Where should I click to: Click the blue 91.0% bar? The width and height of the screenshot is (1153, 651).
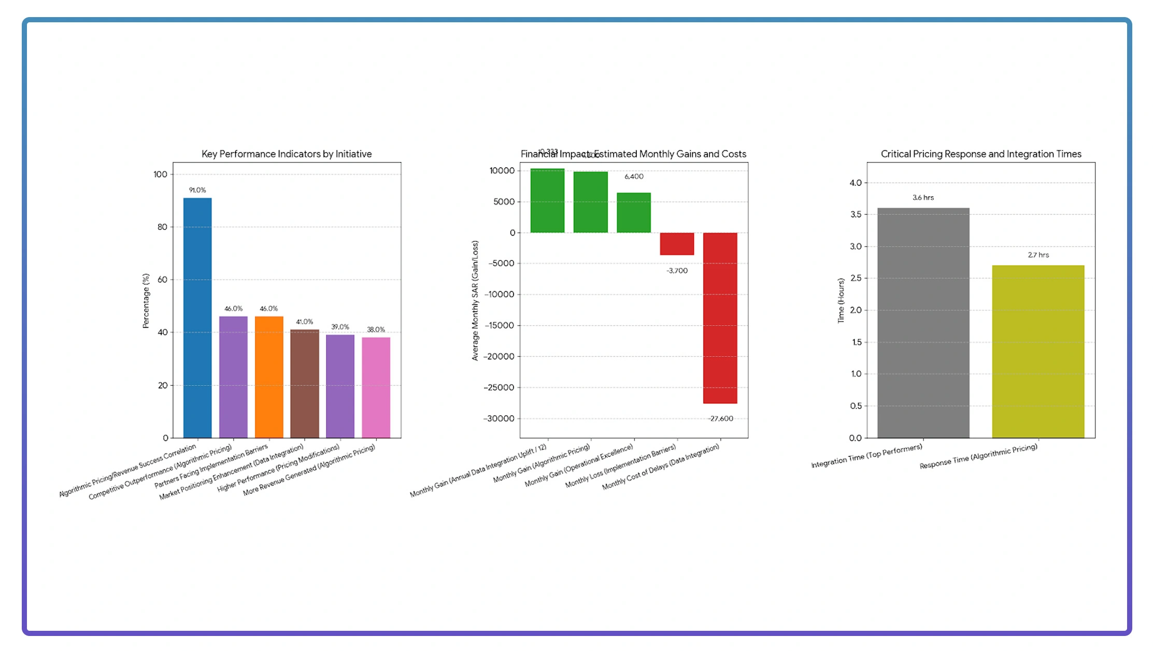pyautogui.click(x=197, y=317)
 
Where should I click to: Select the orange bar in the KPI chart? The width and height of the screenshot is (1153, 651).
pyautogui.click(x=269, y=377)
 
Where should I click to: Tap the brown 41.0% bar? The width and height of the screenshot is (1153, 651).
pyautogui.click(x=305, y=384)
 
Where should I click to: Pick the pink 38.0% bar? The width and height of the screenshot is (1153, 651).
pyautogui.click(x=376, y=387)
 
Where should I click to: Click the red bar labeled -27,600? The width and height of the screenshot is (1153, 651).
pyautogui.click(x=720, y=317)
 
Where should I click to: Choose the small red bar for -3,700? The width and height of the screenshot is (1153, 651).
pyautogui.click(x=677, y=243)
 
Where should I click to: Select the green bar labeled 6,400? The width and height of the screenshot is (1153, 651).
pyautogui.click(x=633, y=212)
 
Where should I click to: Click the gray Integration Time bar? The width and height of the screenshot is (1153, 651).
pyautogui.click(x=923, y=323)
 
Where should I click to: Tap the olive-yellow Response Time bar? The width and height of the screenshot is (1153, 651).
pyautogui.click(x=1038, y=351)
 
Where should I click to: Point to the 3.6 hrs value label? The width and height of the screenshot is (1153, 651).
pyautogui.click(x=923, y=197)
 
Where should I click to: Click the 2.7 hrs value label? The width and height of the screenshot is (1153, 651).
pyautogui.click(x=1038, y=255)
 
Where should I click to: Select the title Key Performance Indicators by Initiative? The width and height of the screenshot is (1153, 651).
pyautogui.click(x=287, y=154)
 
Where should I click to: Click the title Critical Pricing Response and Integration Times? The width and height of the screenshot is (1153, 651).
pyautogui.click(x=981, y=154)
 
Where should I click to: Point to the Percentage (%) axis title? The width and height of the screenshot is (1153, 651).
pyautogui.click(x=146, y=301)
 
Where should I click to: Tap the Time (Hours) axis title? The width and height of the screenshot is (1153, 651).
pyautogui.click(x=841, y=301)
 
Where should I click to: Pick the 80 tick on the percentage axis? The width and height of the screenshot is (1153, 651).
pyautogui.click(x=162, y=227)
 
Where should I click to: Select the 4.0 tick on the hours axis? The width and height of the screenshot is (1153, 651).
pyautogui.click(x=855, y=183)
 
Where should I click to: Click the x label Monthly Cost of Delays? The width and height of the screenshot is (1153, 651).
pyautogui.click(x=661, y=467)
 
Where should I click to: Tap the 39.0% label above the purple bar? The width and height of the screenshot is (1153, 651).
pyautogui.click(x=340, y=327)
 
